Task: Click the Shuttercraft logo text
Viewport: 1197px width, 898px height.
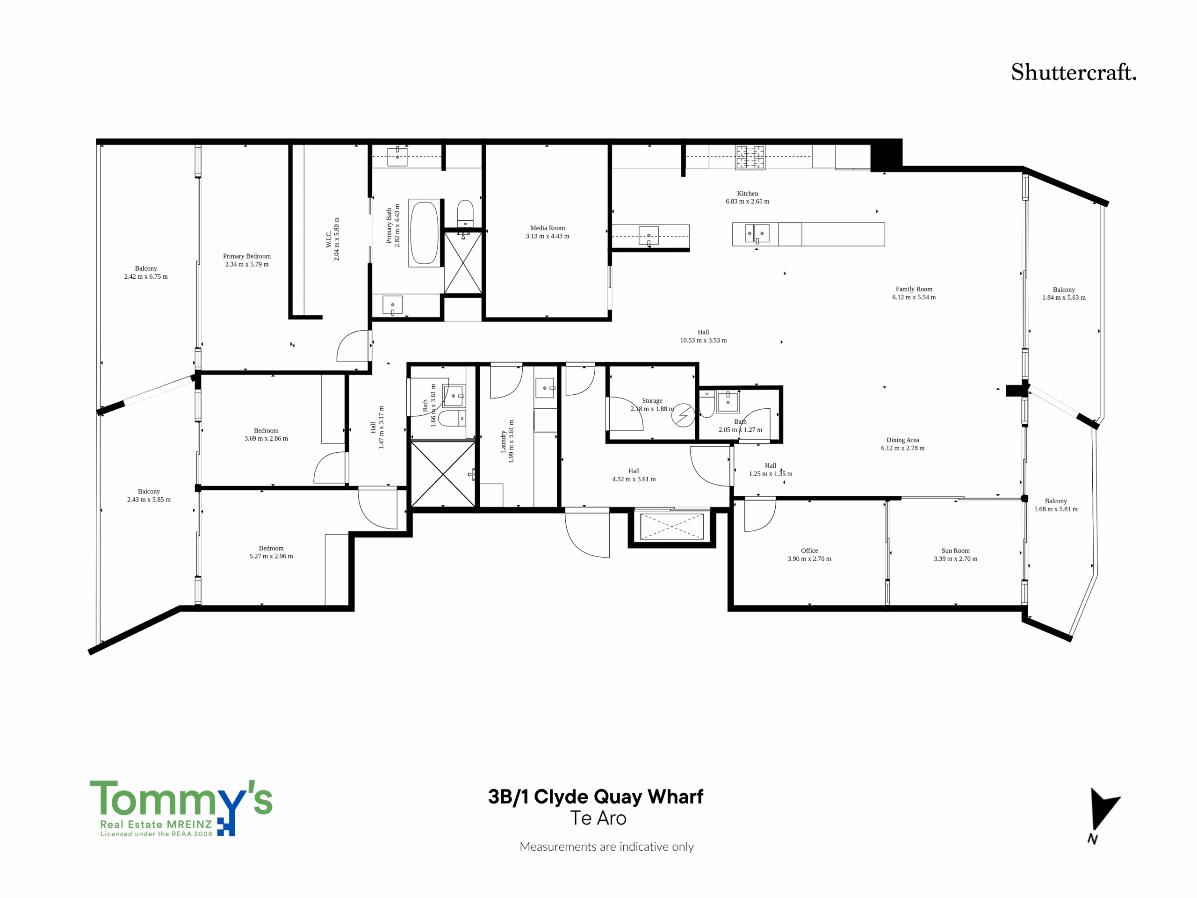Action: click(x=1074, y=72)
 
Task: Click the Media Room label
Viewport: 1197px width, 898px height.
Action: click(x=548, y=228)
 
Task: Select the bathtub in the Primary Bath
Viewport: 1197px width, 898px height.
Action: click(x=425, y=233)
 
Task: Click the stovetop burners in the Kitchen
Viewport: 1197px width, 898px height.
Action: click(x=750, y=158)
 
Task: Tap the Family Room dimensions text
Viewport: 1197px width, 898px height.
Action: click(x=914, y=297)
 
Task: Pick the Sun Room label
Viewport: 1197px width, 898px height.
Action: click(x=956, y=550)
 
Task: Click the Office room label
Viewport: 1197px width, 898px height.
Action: click(x=809, y=550)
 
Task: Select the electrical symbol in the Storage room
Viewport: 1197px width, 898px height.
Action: click(x=684, y=415)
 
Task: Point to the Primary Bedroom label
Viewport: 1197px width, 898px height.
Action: click(x=247, y=256)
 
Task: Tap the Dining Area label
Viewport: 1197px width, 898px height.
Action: click(x=902, y=440)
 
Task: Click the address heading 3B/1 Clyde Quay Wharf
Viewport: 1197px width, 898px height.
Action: click(x=596, y=797)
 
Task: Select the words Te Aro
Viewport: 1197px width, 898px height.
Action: click(x=598, y=818)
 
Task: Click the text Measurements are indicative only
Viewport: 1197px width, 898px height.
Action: click(x=606, y=847)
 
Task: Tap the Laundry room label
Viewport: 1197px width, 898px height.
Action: click(x=503, y=442)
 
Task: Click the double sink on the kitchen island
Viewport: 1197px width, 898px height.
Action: click(x=756, y=234)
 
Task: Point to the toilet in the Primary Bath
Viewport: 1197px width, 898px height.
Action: click(x=465, y=214)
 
